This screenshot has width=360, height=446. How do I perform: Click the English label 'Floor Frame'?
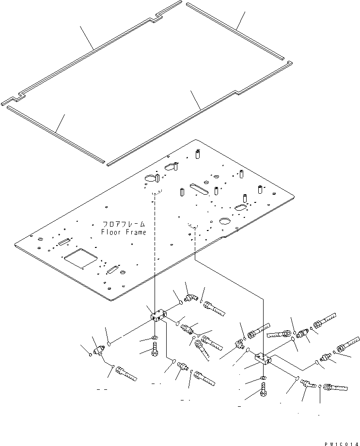[123, 232]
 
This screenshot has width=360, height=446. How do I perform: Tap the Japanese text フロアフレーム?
[124, 225]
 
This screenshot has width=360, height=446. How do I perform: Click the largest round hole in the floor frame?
[225, 221]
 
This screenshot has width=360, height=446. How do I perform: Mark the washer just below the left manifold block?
[154, 336]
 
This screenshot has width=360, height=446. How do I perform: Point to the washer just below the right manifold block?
[262, 377]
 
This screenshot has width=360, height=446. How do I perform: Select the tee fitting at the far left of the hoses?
[100, 350]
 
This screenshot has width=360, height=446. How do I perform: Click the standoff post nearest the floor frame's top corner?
[198, 155]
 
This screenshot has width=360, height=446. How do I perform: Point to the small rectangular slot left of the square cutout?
[64, 242]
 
